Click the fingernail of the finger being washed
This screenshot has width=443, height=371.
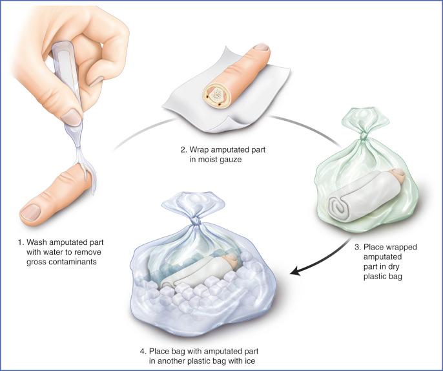(x=31, y=213)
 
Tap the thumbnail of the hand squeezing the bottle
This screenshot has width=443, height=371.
(x=71, y=118)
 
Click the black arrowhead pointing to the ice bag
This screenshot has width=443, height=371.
(x=296, y=271)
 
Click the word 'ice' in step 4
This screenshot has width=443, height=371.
(x=250, y=361)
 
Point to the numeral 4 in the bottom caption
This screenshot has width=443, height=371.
(x=142, y=351)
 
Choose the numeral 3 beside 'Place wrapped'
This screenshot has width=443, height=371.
(x=357, y=247)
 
